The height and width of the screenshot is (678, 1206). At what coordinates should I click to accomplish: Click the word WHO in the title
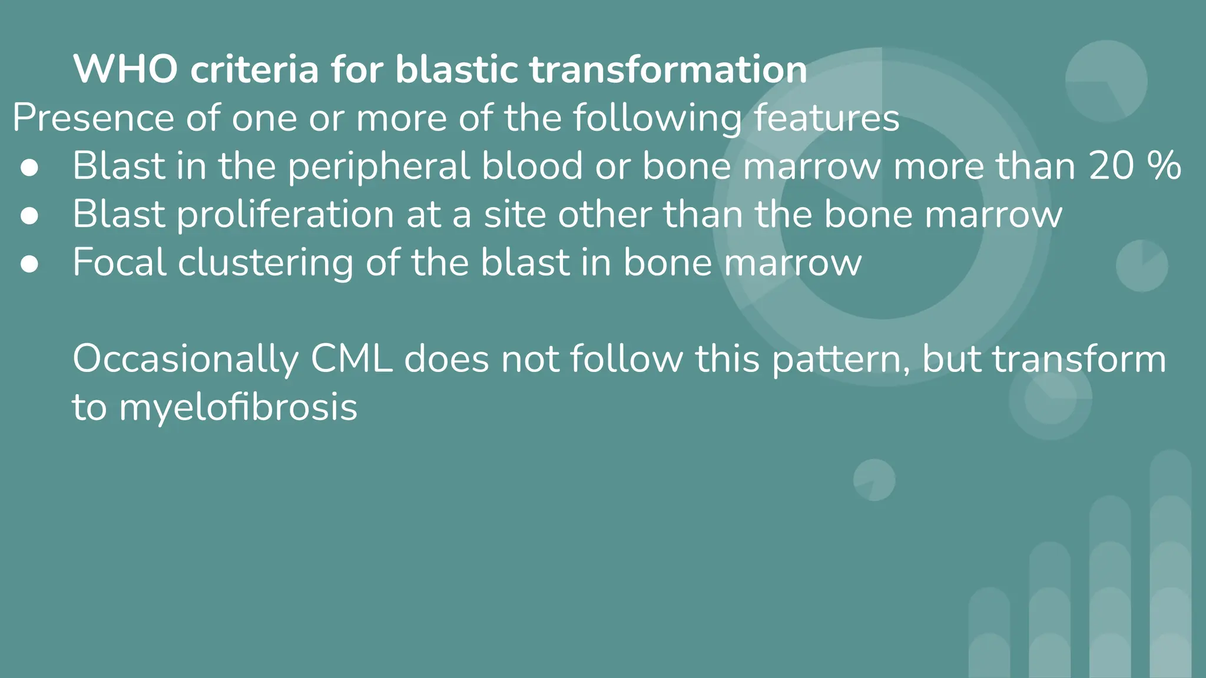point(125,69)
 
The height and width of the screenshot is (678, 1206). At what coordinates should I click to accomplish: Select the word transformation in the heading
point(668,69)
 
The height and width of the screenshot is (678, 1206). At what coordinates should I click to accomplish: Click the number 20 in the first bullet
point(1111,165)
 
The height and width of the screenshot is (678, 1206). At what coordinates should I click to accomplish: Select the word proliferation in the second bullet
point(286,214)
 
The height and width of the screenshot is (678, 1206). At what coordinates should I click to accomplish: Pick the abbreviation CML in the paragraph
point(352,358)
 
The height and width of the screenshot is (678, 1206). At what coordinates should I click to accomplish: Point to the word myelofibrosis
point(238,407)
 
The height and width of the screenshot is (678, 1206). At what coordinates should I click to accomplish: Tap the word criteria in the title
point(254,69)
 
